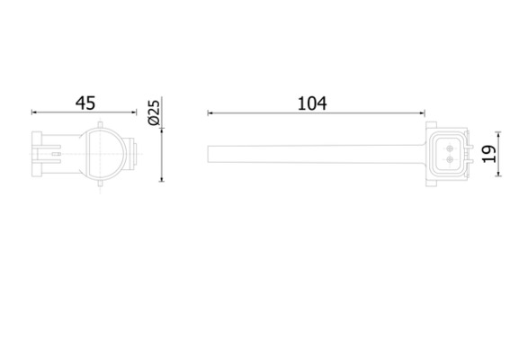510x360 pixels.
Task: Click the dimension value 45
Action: (x=85, y=103)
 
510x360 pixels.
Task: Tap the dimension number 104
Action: (x=313, y=103)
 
